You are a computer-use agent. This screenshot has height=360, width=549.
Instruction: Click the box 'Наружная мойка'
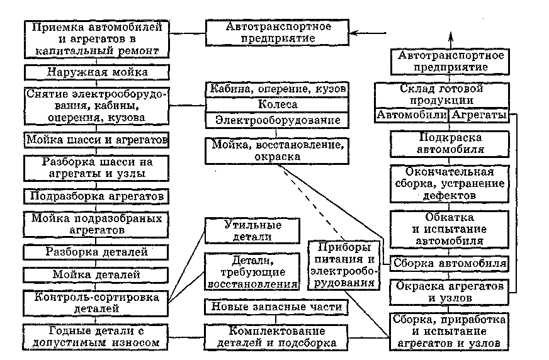96,72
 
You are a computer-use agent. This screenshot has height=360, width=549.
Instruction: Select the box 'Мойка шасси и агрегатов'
96,138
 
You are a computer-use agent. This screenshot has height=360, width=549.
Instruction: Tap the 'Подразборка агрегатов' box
96,196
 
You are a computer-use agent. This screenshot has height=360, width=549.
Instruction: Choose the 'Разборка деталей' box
96,252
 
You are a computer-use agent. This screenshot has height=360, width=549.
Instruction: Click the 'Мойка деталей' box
96,275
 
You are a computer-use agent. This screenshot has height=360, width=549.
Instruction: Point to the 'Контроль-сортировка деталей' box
96,302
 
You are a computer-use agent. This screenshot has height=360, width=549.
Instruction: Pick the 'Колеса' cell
278,104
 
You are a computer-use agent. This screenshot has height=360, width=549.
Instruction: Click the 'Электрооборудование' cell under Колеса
278,120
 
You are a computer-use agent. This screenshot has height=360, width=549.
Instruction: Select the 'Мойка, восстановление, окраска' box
278,151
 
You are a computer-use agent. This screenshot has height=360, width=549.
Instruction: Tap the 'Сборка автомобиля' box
448,263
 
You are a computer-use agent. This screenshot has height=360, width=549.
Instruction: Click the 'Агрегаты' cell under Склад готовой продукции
477,116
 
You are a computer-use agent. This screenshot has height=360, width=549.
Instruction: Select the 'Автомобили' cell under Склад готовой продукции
412,116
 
